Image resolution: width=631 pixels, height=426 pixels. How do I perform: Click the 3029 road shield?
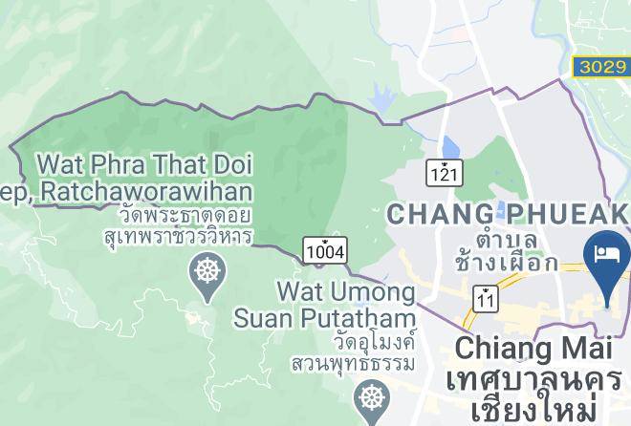point(600,66)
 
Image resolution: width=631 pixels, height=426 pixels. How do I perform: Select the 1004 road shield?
point(325,250)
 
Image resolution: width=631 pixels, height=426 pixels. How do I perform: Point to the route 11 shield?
point(487,300)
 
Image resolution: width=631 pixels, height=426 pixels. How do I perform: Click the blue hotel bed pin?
point(607,257)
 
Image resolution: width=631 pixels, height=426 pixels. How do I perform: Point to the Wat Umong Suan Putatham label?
point(346,303)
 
